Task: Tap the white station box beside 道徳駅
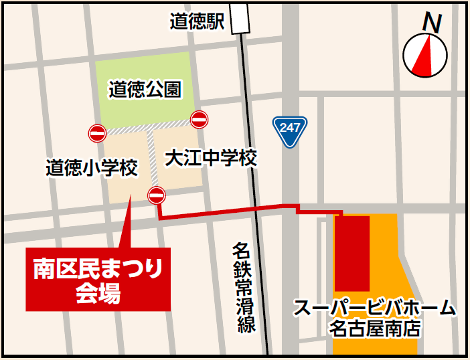pyautogui.click(x=240, y=17)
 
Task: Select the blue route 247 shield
pyautogui.click(x=290, y=131)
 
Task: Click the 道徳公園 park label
pyautogui.click(x=145, y=89)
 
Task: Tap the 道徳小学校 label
pyautogui.click(x=92, y=167)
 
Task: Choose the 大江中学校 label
pyautogui.click(x=211, y=159)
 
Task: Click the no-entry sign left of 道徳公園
pyautogui.click(x=97, y=133)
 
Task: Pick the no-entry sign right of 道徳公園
pyautogui.click(x=200, y=120)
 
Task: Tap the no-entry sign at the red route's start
pyautogui.click(x=157, y=195)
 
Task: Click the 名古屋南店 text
pyautogui.click(x=374, y=329)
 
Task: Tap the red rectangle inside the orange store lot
pyautogui.click(x=352, y=253)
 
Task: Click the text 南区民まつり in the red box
pyautogui.click(x=98, y=269)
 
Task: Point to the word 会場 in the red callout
pyautogui.click(x=98, y=294)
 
